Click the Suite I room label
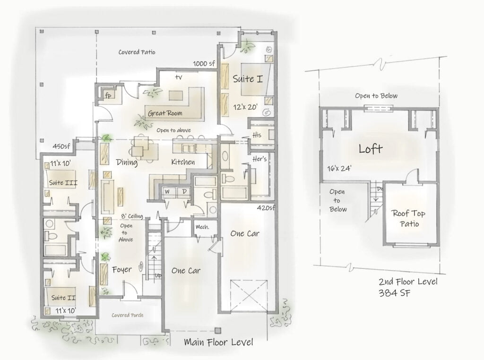[247, 79]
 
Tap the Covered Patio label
[137, 52]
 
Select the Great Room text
[165, 113]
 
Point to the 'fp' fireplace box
[108, 95]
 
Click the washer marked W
[167, 191]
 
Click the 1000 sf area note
[204, 64]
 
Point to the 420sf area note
[266, 207]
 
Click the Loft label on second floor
[370, 149]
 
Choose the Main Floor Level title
[218, 342]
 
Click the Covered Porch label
[127, 315]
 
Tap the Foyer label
[121, 270]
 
